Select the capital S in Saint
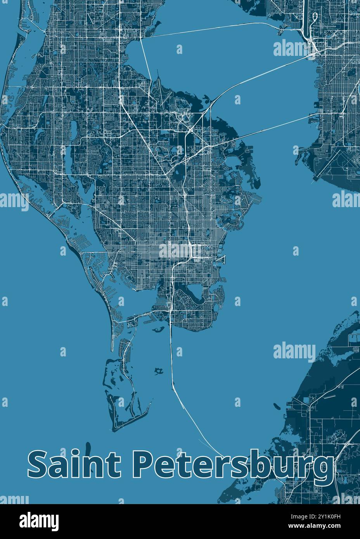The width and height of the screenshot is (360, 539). (x=37, y=465)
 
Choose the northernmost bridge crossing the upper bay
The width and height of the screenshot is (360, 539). (x=217, y=29)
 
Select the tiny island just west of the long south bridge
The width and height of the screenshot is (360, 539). (x=158, y=371)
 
